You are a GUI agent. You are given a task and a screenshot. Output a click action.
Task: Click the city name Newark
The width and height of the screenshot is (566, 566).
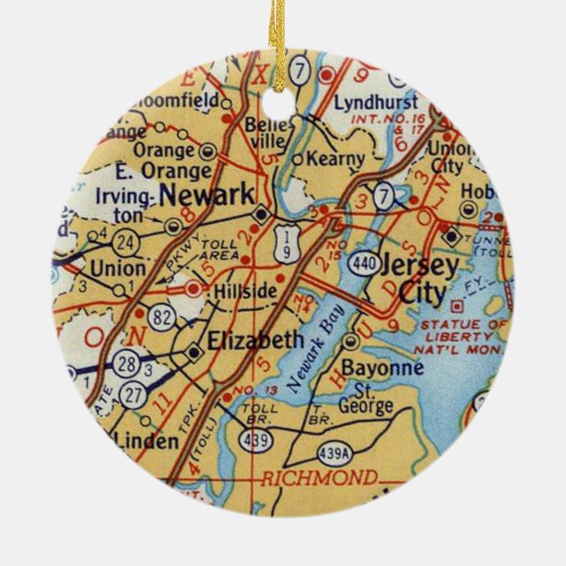[208, 194]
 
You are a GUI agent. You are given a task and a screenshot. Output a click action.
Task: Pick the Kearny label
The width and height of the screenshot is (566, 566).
[334, 159]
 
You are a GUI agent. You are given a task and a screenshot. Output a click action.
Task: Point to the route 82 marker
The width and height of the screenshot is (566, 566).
[161, 317]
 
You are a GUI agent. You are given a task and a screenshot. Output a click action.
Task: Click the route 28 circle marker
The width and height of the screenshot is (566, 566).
[126, 362]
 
